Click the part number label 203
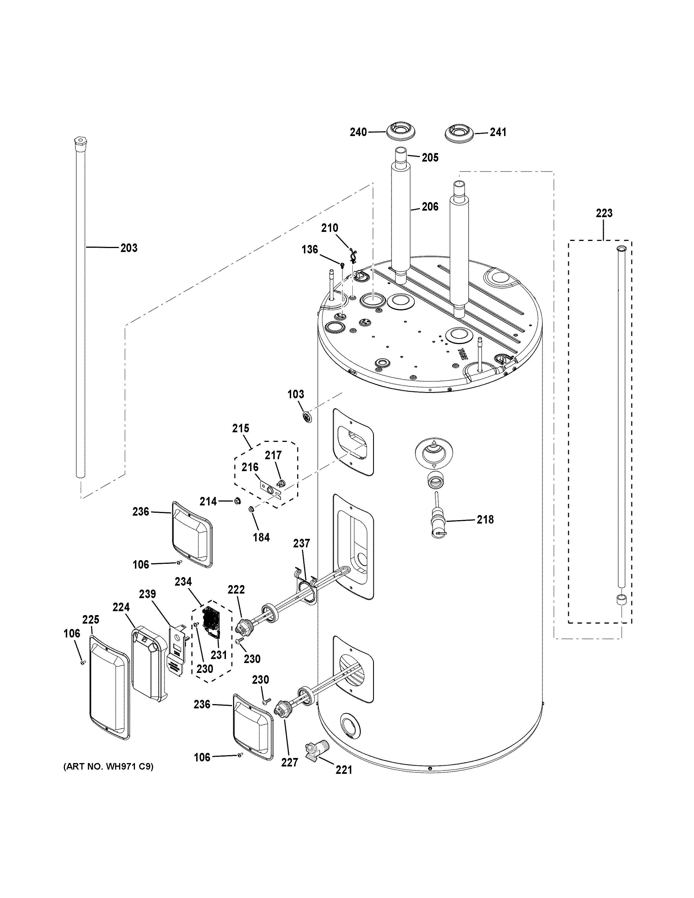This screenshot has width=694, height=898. point(129,248)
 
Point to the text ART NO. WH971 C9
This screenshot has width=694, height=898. point(108,766)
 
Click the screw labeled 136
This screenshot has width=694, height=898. point(342,264)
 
